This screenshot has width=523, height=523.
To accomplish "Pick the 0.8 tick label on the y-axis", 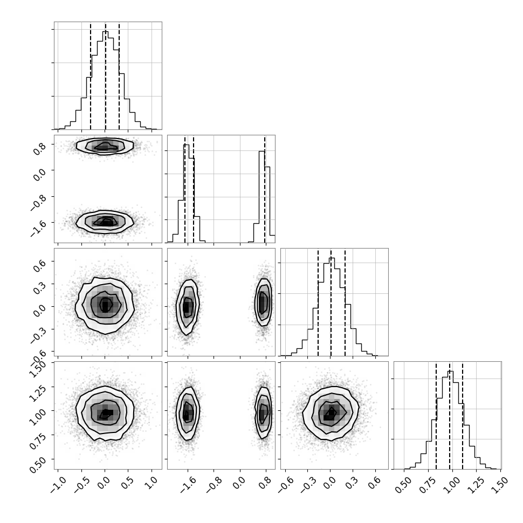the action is pyautogui.click(x=39, y=148).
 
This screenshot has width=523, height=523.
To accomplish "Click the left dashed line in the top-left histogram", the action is pyautogui.click(x=91, y=76).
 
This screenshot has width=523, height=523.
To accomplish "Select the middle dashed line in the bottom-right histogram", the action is pyautogui.click(x=450, y=415).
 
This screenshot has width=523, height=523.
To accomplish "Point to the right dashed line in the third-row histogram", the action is pyautogui.click(x=345, y=302).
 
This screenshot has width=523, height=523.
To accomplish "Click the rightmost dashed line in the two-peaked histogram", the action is pyautogui.click(x=265, y=189).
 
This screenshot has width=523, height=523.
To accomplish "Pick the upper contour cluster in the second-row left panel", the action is pyautogui.click(x=105, y=146).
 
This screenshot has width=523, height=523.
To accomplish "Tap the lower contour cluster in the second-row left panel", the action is pyautogui.click(x=105, y=222).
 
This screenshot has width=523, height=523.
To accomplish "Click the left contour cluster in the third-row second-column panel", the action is pyautogui.click(x=188, y=307).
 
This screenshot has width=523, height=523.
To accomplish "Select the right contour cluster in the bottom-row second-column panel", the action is pyautogui.click(x=264, y=412).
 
